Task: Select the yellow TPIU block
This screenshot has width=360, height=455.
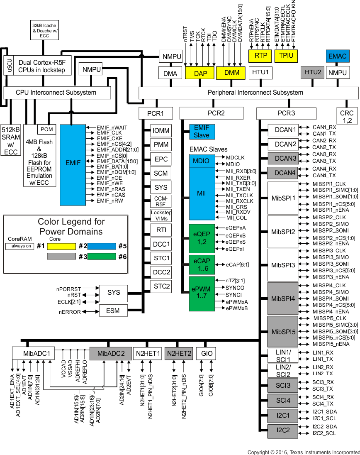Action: tap(286, 56)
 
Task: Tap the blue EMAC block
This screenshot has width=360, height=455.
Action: tap(337, 56)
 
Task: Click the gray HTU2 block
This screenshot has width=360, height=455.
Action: tap(313, 73)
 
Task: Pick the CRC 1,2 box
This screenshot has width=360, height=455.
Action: tap(346, 117)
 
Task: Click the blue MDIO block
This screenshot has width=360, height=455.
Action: tap(201, 161)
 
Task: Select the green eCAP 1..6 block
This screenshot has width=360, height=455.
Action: tap(201, 265)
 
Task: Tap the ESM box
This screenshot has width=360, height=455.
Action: tap(113, 311)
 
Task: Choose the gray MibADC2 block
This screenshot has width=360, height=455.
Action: tap(111, 354)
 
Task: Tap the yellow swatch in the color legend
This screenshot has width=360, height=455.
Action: tap(61, 247)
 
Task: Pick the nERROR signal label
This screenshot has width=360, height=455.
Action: tap(70, 312)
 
